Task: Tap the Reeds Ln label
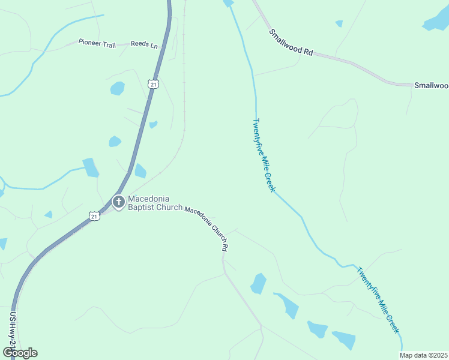pos(144,44)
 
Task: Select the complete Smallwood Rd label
pos(291,43)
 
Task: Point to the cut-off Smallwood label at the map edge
pos(431,85)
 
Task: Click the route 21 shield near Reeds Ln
pos(154,85)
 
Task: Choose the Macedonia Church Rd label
pos(206,227)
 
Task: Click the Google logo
pos(20,352)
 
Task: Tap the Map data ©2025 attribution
pos(424,355)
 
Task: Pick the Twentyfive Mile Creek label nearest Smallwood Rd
pos(263,155)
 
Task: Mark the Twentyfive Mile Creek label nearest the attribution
pos(378,299)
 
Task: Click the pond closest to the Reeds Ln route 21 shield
pos(118,88)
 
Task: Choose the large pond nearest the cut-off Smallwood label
pos(436,21)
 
